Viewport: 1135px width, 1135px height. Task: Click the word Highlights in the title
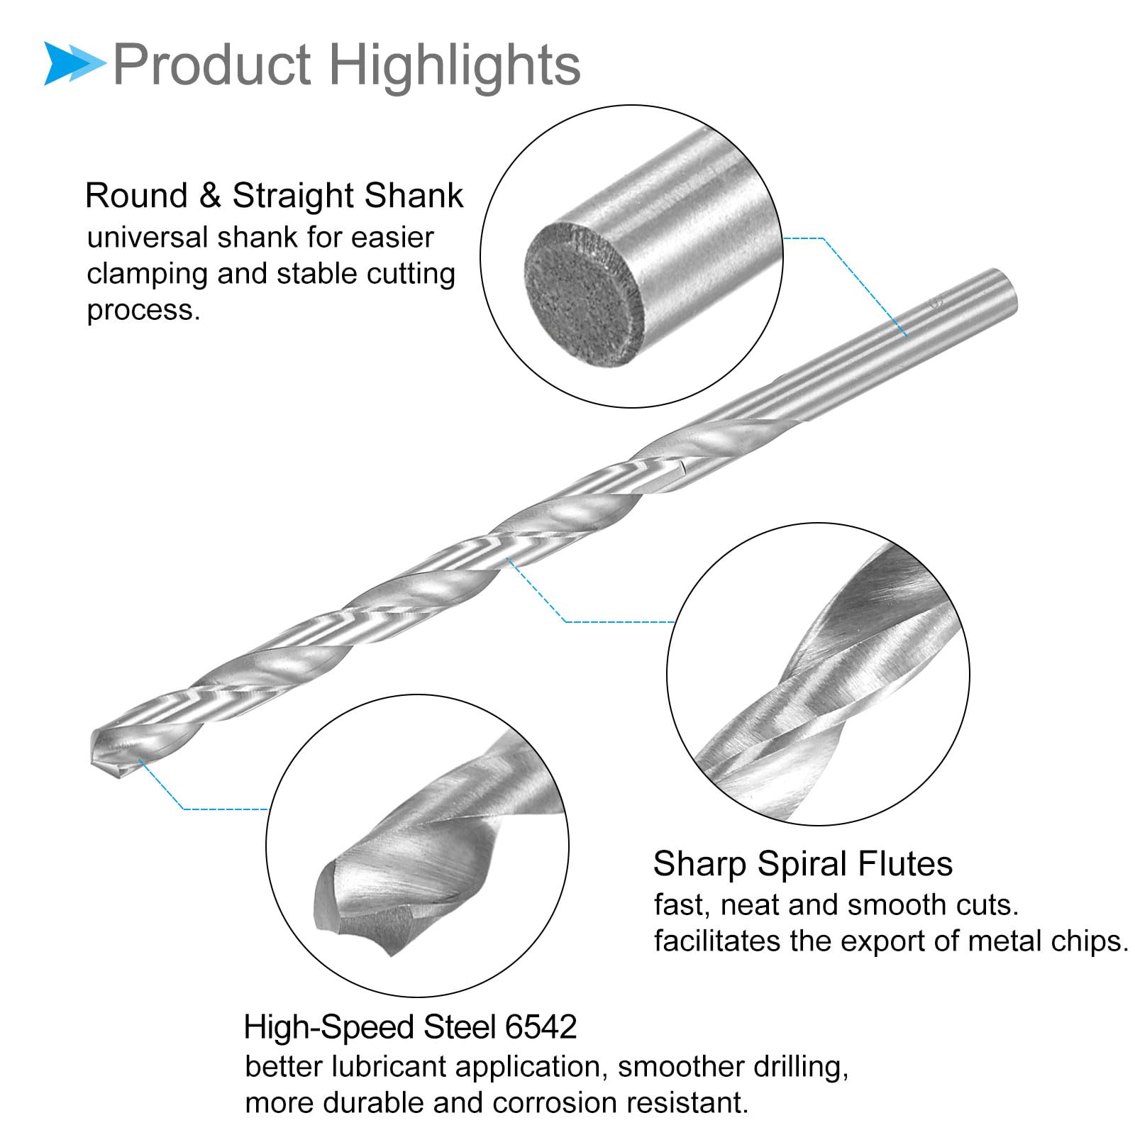[455, 65]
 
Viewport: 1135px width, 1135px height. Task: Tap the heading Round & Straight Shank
[274, 196]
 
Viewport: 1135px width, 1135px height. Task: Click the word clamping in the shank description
[147, 275]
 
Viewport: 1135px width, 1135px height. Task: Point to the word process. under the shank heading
[143, 311]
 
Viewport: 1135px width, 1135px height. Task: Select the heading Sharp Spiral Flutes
[802, 864]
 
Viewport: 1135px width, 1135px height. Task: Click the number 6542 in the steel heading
[541, 1027]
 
